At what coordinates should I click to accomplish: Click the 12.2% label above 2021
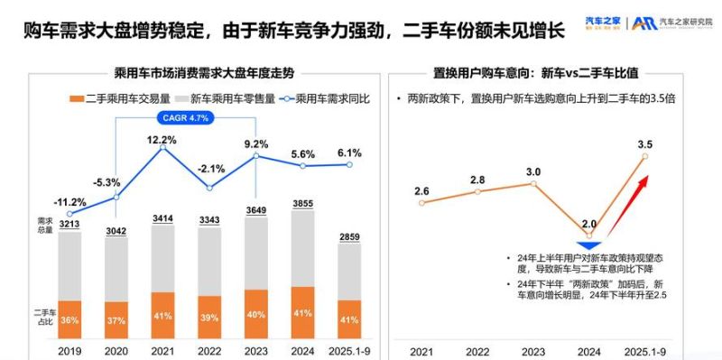(x=161, y=140)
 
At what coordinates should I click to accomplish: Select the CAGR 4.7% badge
(x=185, y=117)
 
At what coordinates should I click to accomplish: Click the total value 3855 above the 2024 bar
(x=304, y=205)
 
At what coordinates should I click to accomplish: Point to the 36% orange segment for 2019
(x=69, y=319)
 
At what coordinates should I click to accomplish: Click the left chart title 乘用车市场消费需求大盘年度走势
(x=203, y=70)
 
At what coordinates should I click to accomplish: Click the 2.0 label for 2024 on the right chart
(x=588, y=224)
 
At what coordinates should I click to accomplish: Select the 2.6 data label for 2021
(x=420, y=190)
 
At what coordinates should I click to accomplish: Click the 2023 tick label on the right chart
(x=533, y=349)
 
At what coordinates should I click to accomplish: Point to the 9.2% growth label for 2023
(x=256, y=143)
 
